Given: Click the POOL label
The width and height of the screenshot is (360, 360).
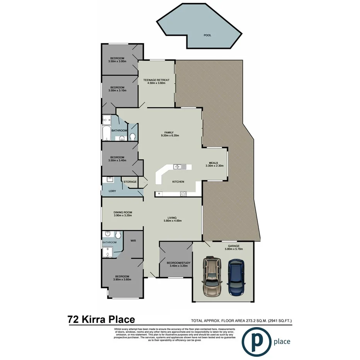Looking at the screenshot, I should pyautogui.click(x=207, y=35).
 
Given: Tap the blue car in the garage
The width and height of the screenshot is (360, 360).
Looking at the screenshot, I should pyautogui.click(x=236, y=277).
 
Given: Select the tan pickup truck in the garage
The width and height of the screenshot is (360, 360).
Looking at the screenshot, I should pyautogui.click(x=212, y=276).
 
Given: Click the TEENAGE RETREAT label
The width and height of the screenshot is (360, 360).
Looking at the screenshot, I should pyautogui.click(x=156, y=80).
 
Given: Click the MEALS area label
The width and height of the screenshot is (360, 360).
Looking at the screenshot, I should pyautogui.click(x=214, y=163).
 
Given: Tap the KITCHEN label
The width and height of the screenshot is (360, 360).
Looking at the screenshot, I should pyautogui.click(x=178, y=182).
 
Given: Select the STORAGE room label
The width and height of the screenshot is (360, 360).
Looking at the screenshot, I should pyautogui.click(x=130, y=182).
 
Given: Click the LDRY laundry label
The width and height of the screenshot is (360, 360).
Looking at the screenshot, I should pyautogui.click(x=112, y=191).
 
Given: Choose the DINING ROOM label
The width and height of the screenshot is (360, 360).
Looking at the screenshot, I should pyautogui.click(x=123, y=212).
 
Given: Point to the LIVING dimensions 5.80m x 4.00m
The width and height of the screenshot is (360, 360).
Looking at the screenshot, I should pyautogui.click(x=172, y=221).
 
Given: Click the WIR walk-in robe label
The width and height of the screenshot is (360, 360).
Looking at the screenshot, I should pyautogui.click(x=133, y=240).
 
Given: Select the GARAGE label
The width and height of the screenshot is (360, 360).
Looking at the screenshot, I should pyautogui.click(x=233, y=246).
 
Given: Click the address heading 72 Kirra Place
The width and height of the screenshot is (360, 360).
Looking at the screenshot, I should pyautogui.click(x=101, y=319).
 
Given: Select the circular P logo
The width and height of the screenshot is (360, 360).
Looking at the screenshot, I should pyautogui.click(x=256, y=341).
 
